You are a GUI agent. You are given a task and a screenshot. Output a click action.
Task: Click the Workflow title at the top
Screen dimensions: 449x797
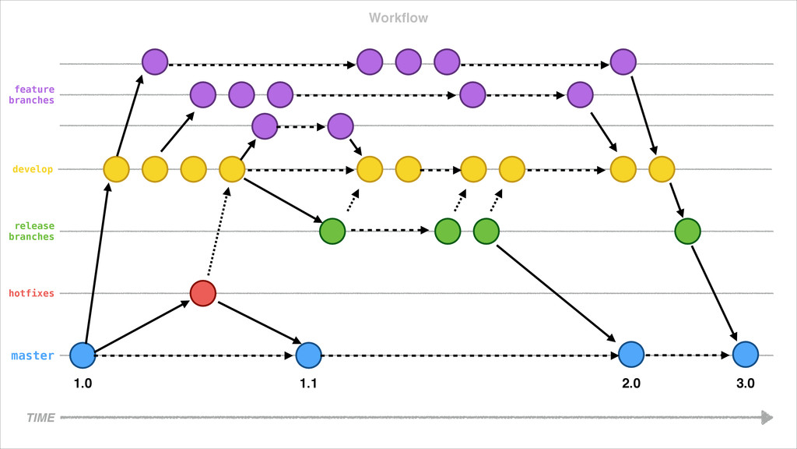point(398,18)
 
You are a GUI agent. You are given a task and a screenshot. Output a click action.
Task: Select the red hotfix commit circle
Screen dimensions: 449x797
point(202,292)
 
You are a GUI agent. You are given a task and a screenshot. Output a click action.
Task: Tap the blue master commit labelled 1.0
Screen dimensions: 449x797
point(83,355)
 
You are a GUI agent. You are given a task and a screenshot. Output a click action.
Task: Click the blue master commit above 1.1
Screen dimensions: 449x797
point(309,355)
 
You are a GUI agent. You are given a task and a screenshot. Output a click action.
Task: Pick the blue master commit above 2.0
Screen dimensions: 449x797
point(631,355)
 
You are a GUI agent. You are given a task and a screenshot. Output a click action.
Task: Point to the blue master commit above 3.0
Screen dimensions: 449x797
point(745,355)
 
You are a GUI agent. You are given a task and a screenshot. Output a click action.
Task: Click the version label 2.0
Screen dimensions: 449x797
point(631,384)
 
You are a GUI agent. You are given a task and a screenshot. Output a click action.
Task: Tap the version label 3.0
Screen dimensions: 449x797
point(745,384)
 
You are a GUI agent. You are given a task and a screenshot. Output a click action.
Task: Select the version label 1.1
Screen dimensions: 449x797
point(309,384)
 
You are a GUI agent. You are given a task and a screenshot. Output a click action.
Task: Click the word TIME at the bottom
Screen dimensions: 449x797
point(40,418)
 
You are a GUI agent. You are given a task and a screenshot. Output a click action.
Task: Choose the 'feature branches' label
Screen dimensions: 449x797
point(32,95)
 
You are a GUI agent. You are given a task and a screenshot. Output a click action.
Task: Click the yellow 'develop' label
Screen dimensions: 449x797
point(33,169)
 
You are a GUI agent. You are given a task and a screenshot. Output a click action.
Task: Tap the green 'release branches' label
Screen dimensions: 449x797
point(32,232)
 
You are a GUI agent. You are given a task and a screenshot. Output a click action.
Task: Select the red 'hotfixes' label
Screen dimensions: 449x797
point(32,294)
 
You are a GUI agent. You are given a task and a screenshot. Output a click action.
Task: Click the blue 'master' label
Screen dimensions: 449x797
point(33,356)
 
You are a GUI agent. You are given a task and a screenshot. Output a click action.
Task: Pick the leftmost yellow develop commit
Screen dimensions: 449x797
point(117,168)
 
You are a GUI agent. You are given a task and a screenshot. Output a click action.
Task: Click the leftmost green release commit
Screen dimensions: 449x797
point(332,231)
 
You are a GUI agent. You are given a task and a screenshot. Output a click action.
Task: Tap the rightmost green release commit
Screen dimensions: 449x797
point(688,231)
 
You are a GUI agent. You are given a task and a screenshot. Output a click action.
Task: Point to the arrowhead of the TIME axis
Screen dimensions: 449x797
point(767,418)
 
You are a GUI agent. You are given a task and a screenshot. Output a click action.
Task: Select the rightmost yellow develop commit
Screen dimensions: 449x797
point(661,168)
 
